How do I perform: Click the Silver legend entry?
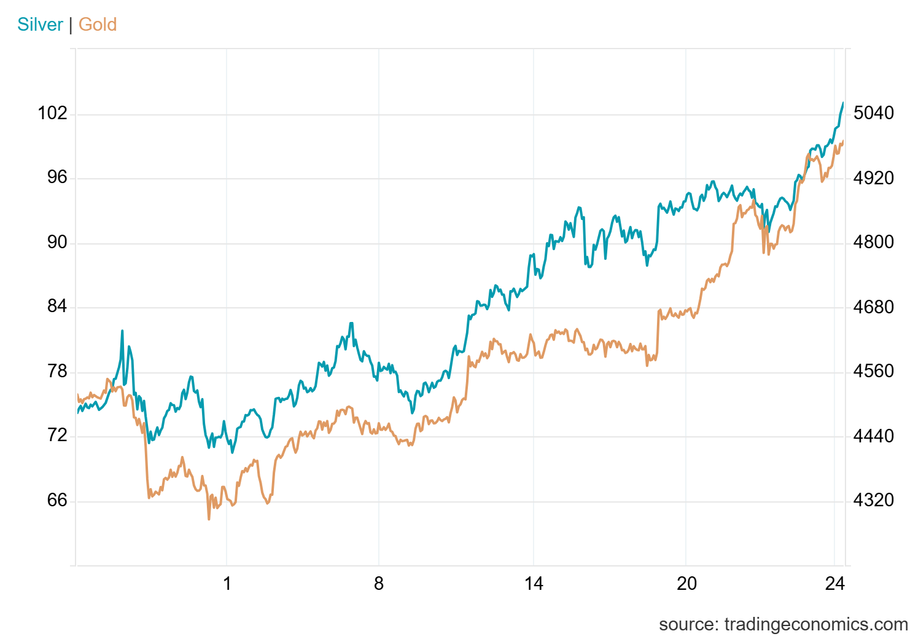[x=40, y=25]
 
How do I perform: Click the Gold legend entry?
[x=98, y=25]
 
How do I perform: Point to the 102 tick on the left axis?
[x=52, y=113]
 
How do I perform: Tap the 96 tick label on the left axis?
[x=56, y=178]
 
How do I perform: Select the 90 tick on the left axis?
[x=56, y=242]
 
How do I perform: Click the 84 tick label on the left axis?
[x=56, y=307]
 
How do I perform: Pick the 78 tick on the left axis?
[x=56, y=371]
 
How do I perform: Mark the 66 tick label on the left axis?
[x=56, y=500]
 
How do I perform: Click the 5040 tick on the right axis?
[x=874, y=113]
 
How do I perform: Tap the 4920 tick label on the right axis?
[x=874, y=178]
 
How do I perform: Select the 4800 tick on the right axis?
[x=874, y=242]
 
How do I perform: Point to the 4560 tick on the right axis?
[x=874, y=371]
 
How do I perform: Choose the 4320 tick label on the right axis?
[x=874, y=500]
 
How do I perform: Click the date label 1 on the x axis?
[x=227, y=583]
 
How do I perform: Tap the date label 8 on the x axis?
[x=379, y=583]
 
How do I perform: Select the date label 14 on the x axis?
[x=534, y=583]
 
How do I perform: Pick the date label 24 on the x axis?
[x=835, y=583]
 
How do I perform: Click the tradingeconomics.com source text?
[x=783, y=624]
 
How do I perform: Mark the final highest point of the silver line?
[x=843, y=103]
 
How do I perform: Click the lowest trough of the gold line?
[x=209, y=519]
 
